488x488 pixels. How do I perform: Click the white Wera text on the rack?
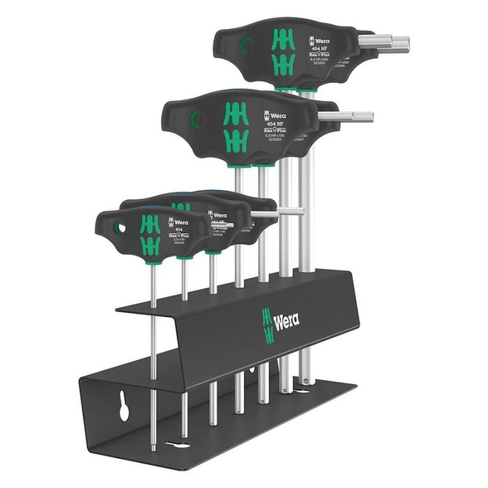(x=287, y=321)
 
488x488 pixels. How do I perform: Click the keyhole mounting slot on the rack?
(x=123, y=409)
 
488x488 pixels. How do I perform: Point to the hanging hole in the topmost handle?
(x=244, y=46)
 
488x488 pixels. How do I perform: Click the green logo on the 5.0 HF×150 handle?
(x=236, y=123)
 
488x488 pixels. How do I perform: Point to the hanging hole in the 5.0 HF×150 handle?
(x=196, y=119)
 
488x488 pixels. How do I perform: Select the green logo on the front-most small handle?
(x=150, y=233)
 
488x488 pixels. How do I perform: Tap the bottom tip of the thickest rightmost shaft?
(x=305, y=380)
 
